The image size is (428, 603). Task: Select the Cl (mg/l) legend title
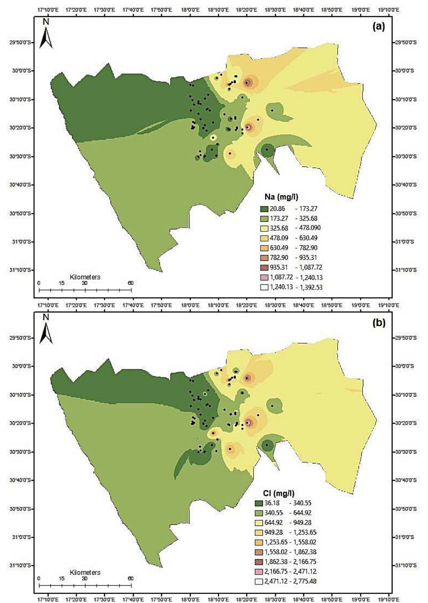pyautogui.click(x=277, y=493)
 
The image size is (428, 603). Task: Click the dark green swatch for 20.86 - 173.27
pyautogui.click(x=264, y=209)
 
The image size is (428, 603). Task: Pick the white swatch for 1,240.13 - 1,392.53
pyautogui.click(x=264, y=287)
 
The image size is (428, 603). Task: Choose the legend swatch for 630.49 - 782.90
pyautogui.click(x=264, y=248)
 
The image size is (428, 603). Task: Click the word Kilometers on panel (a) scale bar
pyautogui.click(x=85, y=277)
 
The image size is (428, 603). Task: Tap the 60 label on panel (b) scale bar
pyautogui.click(x=130, y=579)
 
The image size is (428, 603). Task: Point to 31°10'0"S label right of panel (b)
pyautogui.click(x=406, y=566)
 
